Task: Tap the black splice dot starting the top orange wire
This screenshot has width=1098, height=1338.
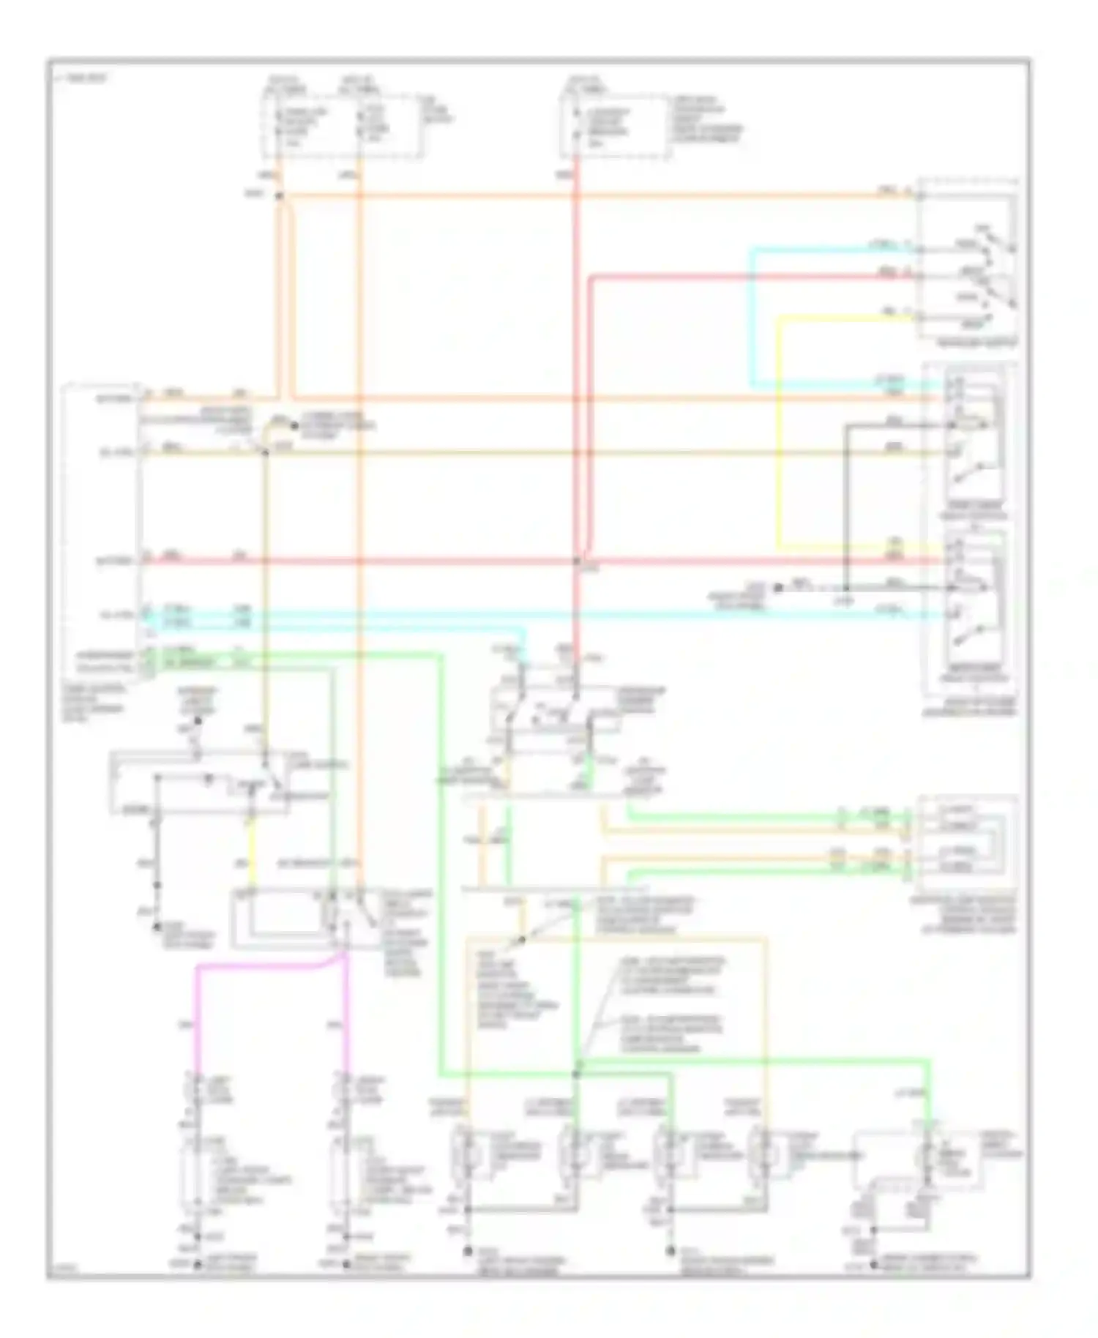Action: pos(278,196)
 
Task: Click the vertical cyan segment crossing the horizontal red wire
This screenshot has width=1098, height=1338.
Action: pos(750,322)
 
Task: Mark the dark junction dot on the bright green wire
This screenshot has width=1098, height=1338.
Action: pos(575,1074)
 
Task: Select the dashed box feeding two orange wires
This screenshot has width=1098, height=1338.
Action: pos(343,124)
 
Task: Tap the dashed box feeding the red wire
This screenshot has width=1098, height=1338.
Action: pos(613,124)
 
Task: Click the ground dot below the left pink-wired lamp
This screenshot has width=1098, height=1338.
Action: pos(196,1264)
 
